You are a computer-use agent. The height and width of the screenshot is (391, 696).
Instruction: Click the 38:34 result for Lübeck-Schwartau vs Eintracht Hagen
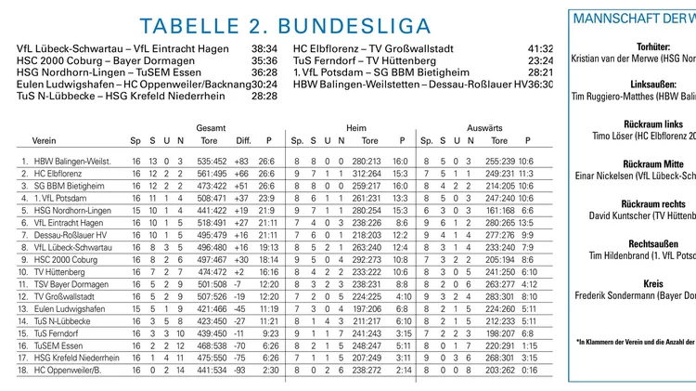click(x=264, y=48)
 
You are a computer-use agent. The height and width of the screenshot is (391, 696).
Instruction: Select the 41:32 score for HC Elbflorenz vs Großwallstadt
click(x=540, y=48)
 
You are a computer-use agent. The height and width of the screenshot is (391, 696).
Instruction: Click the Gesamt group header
click(x=212, y=127)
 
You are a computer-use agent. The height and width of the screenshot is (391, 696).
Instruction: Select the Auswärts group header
click(x=484, y=127)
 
